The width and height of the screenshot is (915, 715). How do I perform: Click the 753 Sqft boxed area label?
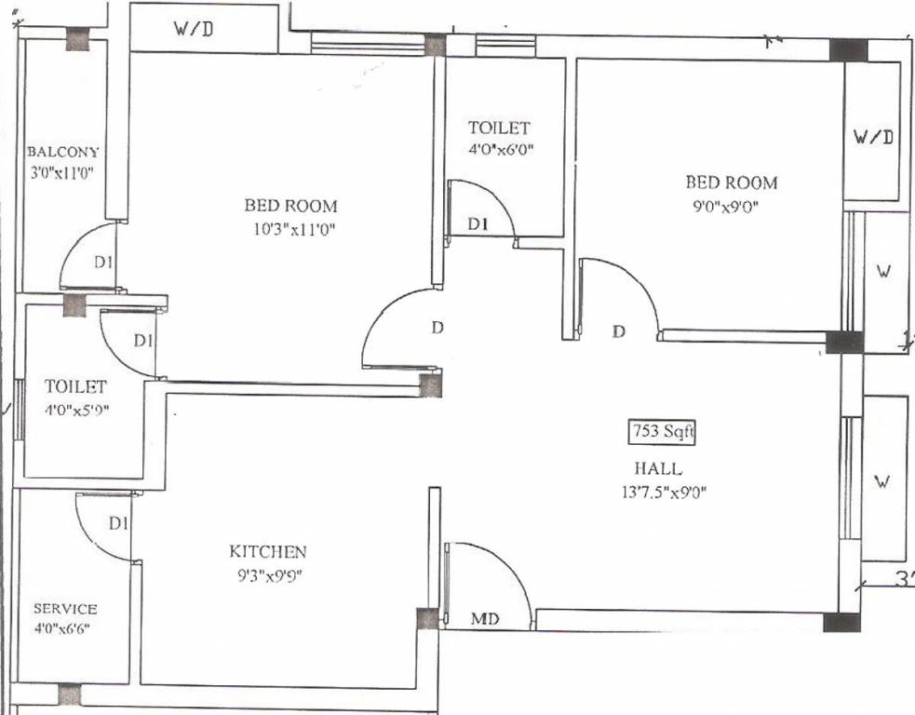click(x=661, y=432)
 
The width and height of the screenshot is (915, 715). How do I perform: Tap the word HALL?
click(x=659, y=468)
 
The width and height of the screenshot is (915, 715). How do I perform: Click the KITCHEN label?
click(x=268, y=551)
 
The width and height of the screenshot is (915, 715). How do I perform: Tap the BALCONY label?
click(x=62, y=152)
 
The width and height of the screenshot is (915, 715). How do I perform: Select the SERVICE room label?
click(x=65, y=609)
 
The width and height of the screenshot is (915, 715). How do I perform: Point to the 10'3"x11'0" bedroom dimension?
click(x=291, y=229)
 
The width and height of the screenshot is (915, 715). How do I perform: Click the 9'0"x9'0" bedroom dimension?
click(x=731, y=208)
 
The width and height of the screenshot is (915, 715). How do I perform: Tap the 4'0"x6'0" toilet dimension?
click(x=500, y=149)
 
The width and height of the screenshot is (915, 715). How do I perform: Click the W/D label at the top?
click(x=194, y=29)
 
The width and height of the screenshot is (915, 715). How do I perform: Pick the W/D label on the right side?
click(x=873, y=137)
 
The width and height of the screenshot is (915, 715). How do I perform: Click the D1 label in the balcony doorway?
click(x=104, y=263)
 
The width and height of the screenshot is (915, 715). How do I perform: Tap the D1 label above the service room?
click(x=117, y=524)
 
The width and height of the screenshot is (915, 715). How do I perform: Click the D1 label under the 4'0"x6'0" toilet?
click(x=478, y=224)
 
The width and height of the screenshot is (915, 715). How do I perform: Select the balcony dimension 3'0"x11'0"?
click(x=62, y=171)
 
